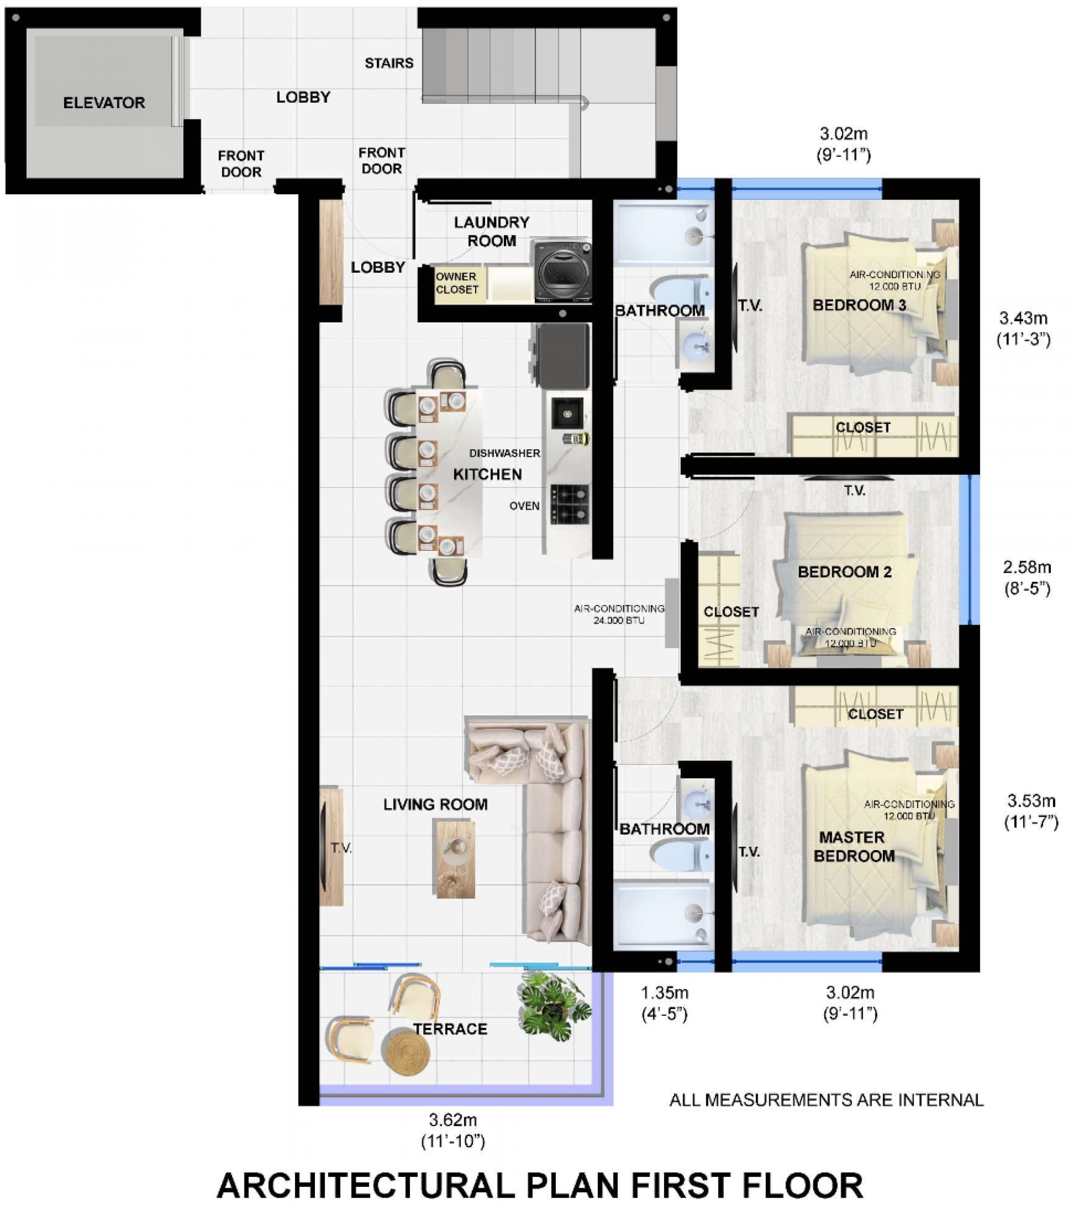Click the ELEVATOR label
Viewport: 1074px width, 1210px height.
(104, 103)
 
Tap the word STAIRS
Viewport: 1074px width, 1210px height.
(389, 63)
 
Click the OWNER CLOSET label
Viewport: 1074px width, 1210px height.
(457, 283)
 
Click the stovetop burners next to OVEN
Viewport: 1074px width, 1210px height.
(570, 505)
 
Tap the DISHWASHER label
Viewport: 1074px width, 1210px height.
(505, 453)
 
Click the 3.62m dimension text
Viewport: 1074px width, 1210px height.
(453, 1121)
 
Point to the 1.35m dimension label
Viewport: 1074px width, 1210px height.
(665, 993)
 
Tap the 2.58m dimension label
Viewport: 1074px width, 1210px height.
(1027, 567)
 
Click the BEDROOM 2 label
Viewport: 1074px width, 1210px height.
(845, 572)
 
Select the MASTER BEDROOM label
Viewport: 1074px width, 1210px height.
(854, 846)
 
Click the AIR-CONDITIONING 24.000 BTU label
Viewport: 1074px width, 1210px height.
(619, 614)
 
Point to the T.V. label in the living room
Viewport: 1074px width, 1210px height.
(341, 848)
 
